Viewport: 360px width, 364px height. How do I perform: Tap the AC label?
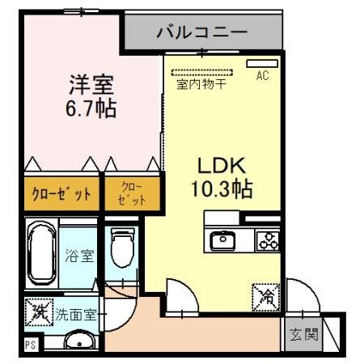(262, 76)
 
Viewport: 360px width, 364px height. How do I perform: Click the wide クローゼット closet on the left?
(61, 194)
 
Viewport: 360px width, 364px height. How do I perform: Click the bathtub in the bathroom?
(39, 250)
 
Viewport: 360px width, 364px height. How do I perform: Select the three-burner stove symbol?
(266, 240)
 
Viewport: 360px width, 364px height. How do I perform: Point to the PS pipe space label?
(30, 345)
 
